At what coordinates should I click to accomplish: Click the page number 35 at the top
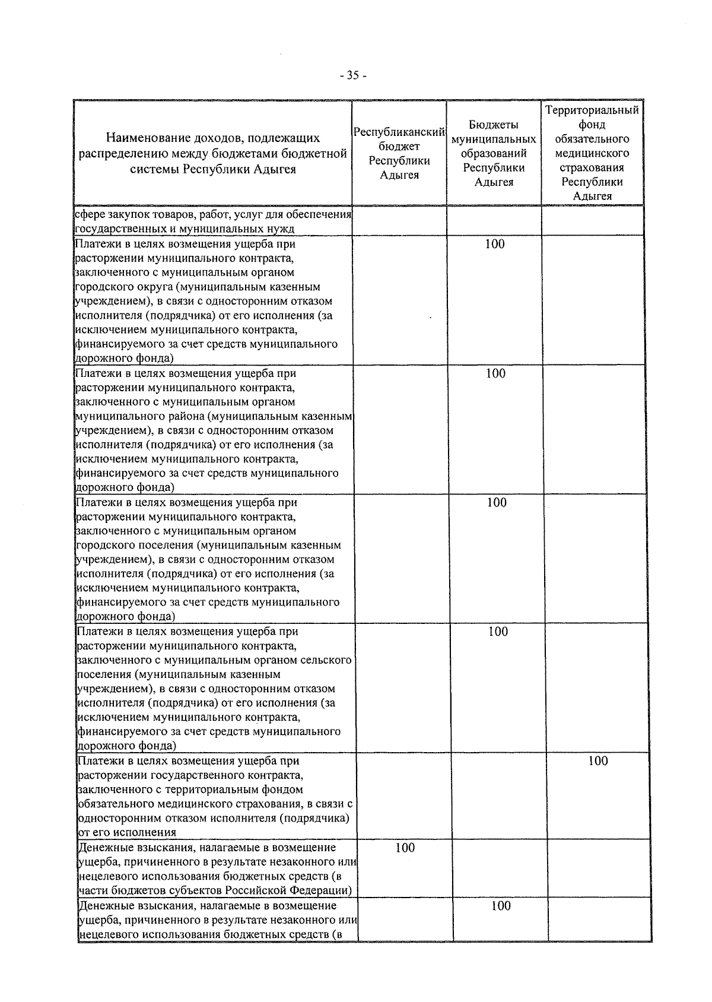354,75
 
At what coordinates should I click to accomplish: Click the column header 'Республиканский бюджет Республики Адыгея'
399,153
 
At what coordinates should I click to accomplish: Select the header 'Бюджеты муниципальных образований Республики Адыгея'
494,153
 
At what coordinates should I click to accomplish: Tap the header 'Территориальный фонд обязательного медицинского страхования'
592,153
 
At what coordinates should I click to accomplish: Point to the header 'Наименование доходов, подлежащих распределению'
213,153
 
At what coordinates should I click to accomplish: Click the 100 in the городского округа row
495,244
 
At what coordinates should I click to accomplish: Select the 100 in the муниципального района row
495,373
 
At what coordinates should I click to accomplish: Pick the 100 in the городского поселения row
497,503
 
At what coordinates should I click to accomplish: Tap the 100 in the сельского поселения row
498,632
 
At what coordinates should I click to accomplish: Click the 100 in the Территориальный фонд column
598,761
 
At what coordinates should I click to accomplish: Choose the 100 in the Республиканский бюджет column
405,848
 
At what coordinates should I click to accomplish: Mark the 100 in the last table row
501,906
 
